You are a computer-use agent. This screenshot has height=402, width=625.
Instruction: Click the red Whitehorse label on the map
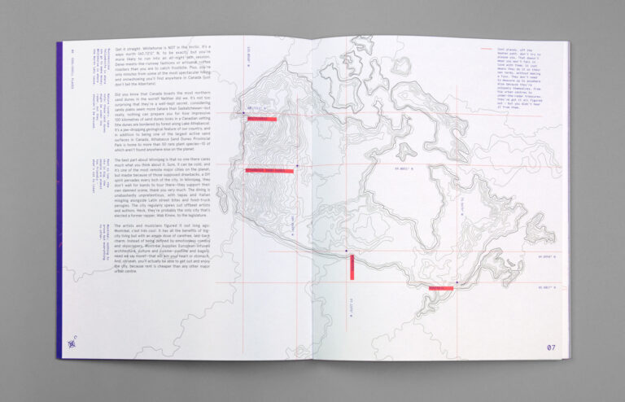261,119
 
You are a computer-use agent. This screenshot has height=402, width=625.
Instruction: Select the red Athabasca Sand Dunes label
269,171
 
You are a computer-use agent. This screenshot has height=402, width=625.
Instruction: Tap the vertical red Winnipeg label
352,267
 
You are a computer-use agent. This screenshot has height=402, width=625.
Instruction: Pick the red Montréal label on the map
441,288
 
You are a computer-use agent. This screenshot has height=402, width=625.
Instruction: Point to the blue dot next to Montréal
457,282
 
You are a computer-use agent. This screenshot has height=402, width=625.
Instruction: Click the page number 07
551,347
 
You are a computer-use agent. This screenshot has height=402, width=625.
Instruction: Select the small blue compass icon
73,342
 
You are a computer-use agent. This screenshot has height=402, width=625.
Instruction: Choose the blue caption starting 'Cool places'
522,82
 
